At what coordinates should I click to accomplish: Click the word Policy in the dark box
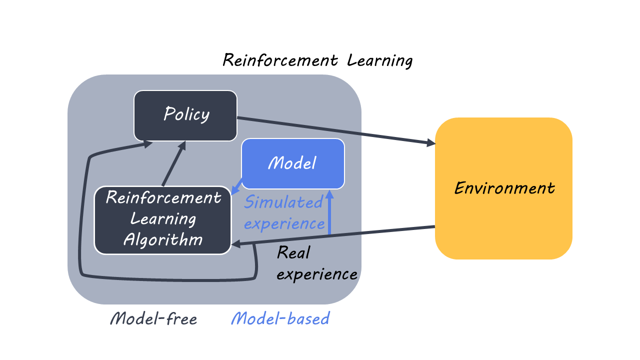point(186,114)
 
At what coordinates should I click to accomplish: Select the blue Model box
point(293,163)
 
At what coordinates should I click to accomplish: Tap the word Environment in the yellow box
point(504,188)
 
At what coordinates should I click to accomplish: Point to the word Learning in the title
point(380,61)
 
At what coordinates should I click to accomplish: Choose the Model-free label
point(153,318)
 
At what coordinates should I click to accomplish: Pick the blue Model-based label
point(280,318)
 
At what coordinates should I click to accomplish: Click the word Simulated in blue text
point(283,202)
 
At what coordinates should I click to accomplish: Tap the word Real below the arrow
point(293,253)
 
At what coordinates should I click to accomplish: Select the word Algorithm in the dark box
point(163,239)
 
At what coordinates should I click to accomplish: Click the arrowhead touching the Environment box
point(430,143)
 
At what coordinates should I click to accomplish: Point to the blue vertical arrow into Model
point(329,212)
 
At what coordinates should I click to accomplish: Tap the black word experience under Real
point(317,274)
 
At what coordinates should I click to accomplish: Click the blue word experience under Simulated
point(284,223)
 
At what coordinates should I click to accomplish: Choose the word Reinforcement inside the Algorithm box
point(163,197)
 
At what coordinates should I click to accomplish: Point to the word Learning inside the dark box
point(163,218)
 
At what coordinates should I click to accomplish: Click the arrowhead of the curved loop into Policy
point(148,144)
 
